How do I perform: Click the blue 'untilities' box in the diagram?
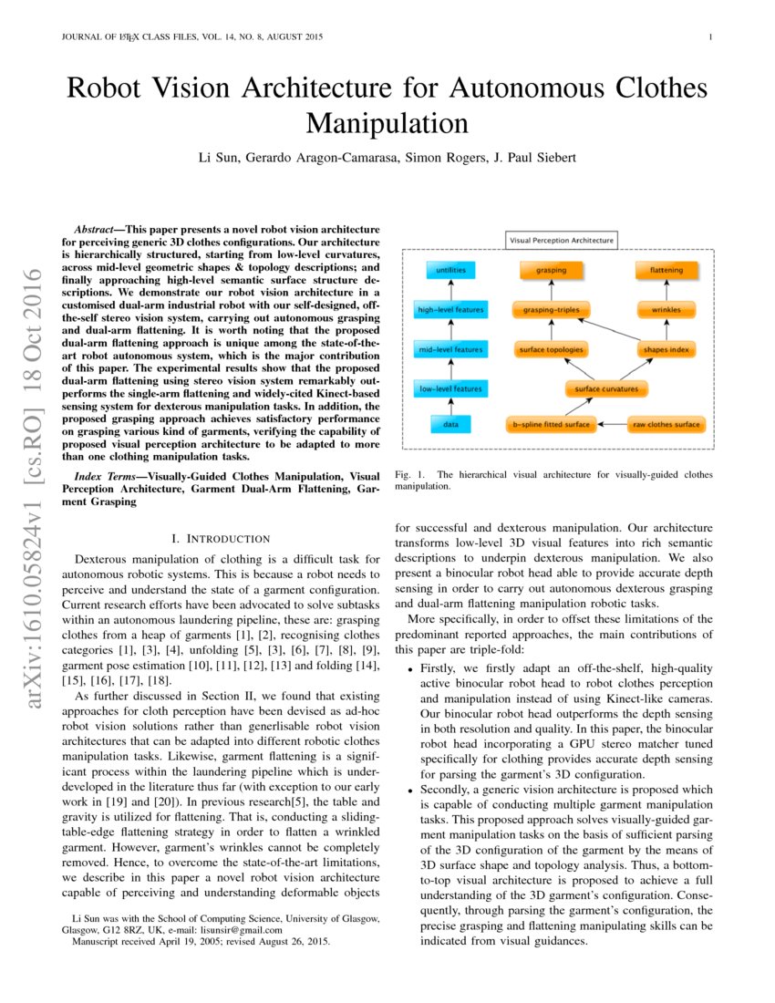click(x=450, y=271)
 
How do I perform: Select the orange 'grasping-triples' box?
click(x=551, y=310)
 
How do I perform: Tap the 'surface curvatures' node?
click(x=607, y=389)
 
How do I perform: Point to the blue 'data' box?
click(x=450, y=425)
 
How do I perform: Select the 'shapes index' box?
click(x=667, y=349)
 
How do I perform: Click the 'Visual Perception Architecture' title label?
click(x=561, y=241)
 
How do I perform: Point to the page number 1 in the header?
click(x=709, y=37)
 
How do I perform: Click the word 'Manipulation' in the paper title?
click(x=387, y=123)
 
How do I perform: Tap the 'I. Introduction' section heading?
click(x=220, y=539)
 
